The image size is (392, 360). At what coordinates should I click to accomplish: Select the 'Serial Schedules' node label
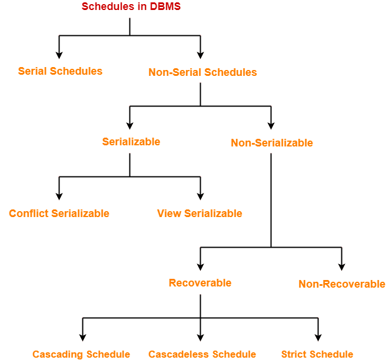60,71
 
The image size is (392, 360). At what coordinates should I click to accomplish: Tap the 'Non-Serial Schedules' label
202,72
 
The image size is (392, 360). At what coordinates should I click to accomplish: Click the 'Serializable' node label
131,142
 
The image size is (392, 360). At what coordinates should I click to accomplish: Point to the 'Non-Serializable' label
271,143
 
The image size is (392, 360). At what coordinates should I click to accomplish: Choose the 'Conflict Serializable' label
59,214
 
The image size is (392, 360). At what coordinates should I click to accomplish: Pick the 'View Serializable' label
200,214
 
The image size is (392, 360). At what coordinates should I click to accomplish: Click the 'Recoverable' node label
200,283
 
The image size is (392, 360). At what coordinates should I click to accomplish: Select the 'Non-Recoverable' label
341,284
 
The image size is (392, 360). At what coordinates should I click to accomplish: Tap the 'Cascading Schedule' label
81,354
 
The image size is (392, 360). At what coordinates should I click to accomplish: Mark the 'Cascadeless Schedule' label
202,354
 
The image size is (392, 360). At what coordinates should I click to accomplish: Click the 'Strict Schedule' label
317,354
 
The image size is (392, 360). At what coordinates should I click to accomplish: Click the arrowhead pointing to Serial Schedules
59,55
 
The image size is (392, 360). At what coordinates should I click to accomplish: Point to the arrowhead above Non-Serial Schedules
200,55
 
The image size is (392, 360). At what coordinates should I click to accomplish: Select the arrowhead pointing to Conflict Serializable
59,196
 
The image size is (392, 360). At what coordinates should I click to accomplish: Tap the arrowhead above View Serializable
200,196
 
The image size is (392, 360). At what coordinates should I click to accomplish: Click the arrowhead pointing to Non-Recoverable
341,266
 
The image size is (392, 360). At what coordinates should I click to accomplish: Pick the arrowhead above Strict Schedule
318,337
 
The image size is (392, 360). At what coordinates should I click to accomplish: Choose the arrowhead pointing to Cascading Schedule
82,337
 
